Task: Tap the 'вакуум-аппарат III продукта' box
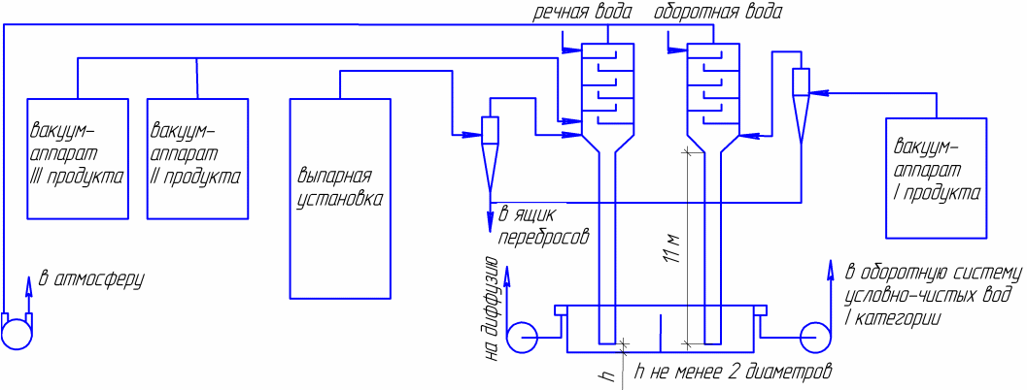78,158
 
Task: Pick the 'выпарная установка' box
341,197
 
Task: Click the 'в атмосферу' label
91,281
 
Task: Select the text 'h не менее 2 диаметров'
734,372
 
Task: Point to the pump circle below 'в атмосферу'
17,332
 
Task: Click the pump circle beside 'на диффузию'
525,338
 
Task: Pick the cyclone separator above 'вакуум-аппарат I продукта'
802,102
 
